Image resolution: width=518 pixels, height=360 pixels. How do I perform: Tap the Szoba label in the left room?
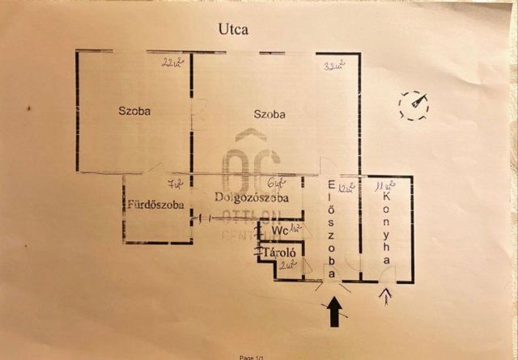click(135, 110)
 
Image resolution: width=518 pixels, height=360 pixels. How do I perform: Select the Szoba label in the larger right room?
click(270, 114)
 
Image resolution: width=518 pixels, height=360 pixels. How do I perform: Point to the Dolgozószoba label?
click(252, 197)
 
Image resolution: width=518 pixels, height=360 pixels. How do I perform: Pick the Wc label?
click(279, 230)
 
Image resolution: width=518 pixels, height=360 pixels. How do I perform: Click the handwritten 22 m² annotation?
click(172, 62)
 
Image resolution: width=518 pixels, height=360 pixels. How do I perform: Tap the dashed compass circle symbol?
click(415, 105)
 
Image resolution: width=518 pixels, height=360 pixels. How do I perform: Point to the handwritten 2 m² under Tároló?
click(285, 265)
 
